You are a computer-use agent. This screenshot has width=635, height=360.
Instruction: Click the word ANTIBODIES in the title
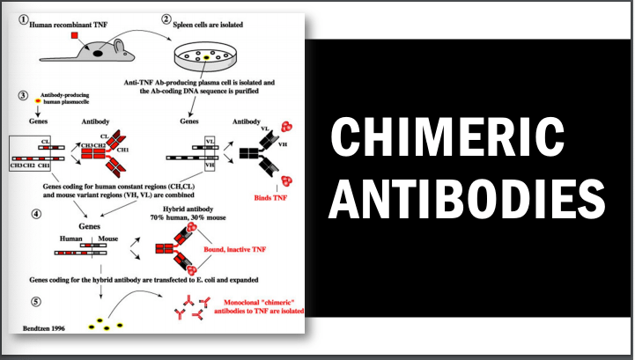coord(467,199)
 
